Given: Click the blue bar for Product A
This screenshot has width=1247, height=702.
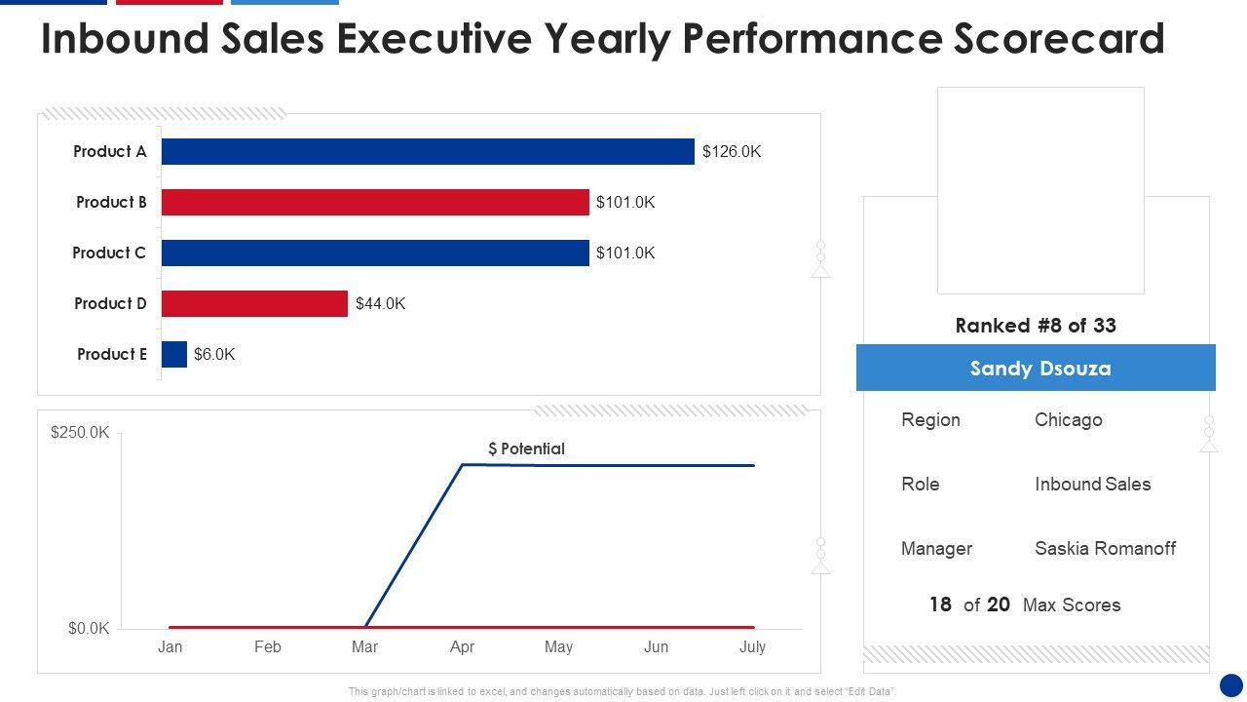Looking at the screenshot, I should [428, 151].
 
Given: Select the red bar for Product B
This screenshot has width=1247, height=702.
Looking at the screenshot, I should [375, 202].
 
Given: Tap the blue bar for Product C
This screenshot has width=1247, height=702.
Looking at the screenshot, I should [375, 253].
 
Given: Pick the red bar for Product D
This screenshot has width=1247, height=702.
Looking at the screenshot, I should [254, 303].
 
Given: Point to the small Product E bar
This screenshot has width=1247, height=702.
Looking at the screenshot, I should [174, 354].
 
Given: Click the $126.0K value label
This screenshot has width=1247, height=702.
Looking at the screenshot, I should [732, 151].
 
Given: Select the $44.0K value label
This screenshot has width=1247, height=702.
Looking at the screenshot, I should [380, 303].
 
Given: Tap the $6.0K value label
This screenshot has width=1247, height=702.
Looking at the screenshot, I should [214, 354].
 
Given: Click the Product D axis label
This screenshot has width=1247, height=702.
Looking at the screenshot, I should [110, 303].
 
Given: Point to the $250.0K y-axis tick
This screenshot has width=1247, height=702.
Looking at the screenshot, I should [80, 432].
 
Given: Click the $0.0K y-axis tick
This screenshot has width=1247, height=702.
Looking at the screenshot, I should [89, 628].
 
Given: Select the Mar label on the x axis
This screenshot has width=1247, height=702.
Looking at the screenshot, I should [364, 646].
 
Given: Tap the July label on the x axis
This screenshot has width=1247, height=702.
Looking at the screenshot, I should [752, 646].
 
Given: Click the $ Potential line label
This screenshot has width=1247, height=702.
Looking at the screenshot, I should [526, 448].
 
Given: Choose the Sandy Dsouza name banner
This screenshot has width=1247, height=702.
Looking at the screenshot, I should [1036, 368].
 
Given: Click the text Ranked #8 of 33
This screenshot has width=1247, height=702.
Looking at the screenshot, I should [1036, 326].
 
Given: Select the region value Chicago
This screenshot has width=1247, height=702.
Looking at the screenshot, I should [1068, 419].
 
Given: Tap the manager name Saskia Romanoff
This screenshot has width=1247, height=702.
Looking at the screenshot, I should [1105, 548].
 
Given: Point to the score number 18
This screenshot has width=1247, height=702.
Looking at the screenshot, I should [940, 604].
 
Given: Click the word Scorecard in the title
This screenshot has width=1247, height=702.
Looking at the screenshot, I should [1055, 39].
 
